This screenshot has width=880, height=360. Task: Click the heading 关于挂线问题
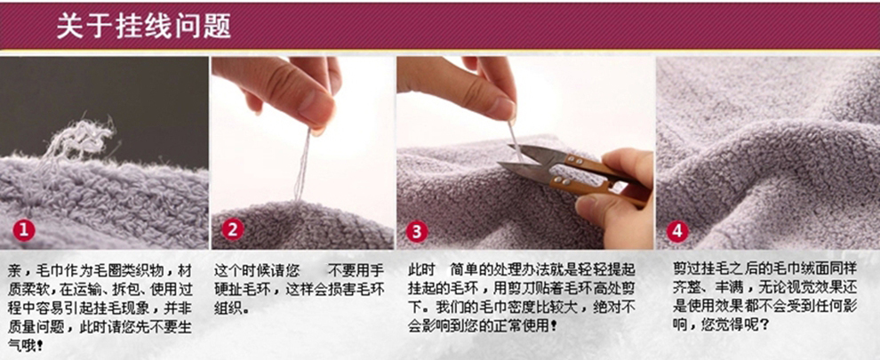[143, 28]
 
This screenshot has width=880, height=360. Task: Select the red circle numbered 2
[232, 229]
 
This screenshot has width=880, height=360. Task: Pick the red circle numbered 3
[417, 231]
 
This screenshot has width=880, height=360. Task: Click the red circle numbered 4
[677, 231]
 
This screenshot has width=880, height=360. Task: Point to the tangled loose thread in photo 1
[76, 139]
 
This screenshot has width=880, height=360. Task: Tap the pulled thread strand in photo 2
[302, 165]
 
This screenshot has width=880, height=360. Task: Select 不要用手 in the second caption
[356, 271]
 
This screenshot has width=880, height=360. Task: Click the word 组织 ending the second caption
[228, 309]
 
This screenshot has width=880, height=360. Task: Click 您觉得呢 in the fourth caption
[732, 324]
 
